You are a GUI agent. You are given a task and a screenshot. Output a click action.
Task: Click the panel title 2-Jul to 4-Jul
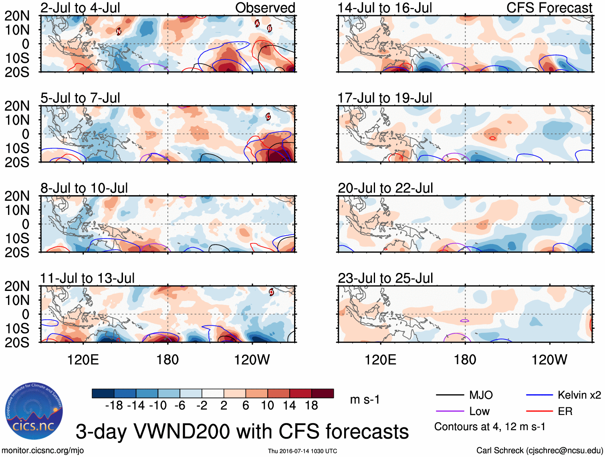80,8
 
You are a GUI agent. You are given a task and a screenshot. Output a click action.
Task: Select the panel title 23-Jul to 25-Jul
385,278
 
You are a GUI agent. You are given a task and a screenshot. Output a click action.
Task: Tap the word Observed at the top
265,8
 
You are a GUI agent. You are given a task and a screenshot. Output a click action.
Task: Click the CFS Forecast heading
549,8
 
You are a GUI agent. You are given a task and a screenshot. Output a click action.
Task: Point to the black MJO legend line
450,395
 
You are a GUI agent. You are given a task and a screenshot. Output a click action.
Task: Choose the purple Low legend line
450,411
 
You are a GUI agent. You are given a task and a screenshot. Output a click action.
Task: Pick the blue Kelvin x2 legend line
539,395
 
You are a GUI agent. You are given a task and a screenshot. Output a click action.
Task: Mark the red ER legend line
539,411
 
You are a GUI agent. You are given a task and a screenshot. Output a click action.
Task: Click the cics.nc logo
34,411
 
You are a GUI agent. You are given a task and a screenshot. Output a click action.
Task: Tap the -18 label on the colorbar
114,406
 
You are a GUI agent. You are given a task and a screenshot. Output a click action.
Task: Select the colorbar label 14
289,406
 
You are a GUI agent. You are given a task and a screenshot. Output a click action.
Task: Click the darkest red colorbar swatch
323,393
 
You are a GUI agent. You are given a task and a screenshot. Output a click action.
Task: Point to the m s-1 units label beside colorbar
365,400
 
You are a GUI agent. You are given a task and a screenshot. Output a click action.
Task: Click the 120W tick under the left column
252,360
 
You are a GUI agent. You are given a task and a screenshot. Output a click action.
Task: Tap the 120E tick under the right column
380,360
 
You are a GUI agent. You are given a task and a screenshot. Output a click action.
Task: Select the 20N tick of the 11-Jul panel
17,286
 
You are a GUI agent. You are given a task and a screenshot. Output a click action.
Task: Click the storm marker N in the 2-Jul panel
119,32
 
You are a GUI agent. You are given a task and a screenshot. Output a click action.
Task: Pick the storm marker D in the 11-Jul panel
271,292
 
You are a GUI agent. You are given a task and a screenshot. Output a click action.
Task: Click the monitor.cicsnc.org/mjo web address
43,451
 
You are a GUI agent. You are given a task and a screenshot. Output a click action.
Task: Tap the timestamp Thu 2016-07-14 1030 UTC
302,451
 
